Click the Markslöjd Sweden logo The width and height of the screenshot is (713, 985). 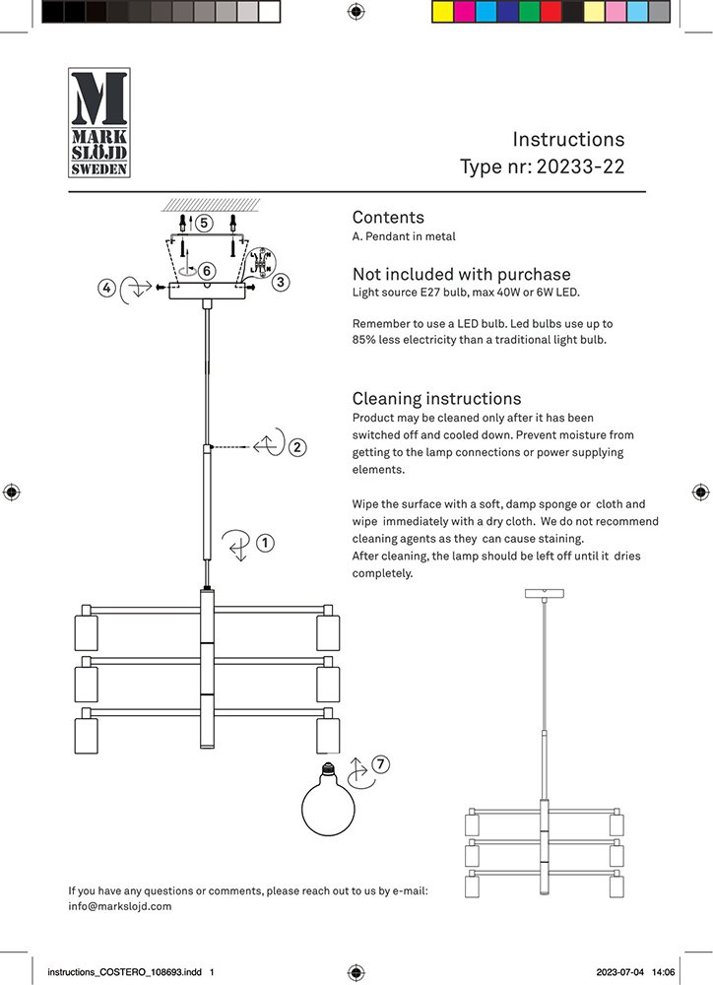pos(98,123)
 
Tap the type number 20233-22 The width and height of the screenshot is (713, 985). pos(580,167)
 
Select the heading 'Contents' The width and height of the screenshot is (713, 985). pos(388,218)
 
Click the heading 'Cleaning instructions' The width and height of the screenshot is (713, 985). pos(436,399)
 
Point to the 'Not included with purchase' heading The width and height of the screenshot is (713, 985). pos(461,275)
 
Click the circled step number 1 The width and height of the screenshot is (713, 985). pos(265,542)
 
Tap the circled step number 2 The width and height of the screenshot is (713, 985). pos(297,446)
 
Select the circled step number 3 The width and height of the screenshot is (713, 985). pos(281,283)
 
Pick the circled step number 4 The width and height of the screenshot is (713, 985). pos(105,288)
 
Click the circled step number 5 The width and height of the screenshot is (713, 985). pos(204,223)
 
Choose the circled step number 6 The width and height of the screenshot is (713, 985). pos(207,270)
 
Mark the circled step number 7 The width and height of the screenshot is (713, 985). pos(381,763)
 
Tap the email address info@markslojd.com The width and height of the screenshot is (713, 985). pos(120,906)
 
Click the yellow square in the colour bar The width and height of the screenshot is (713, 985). pos(441,12)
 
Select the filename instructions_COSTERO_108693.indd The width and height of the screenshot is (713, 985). pos(124,971)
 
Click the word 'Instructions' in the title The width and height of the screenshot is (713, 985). pos(568,140)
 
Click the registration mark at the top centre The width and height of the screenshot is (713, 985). pos(356,12)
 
